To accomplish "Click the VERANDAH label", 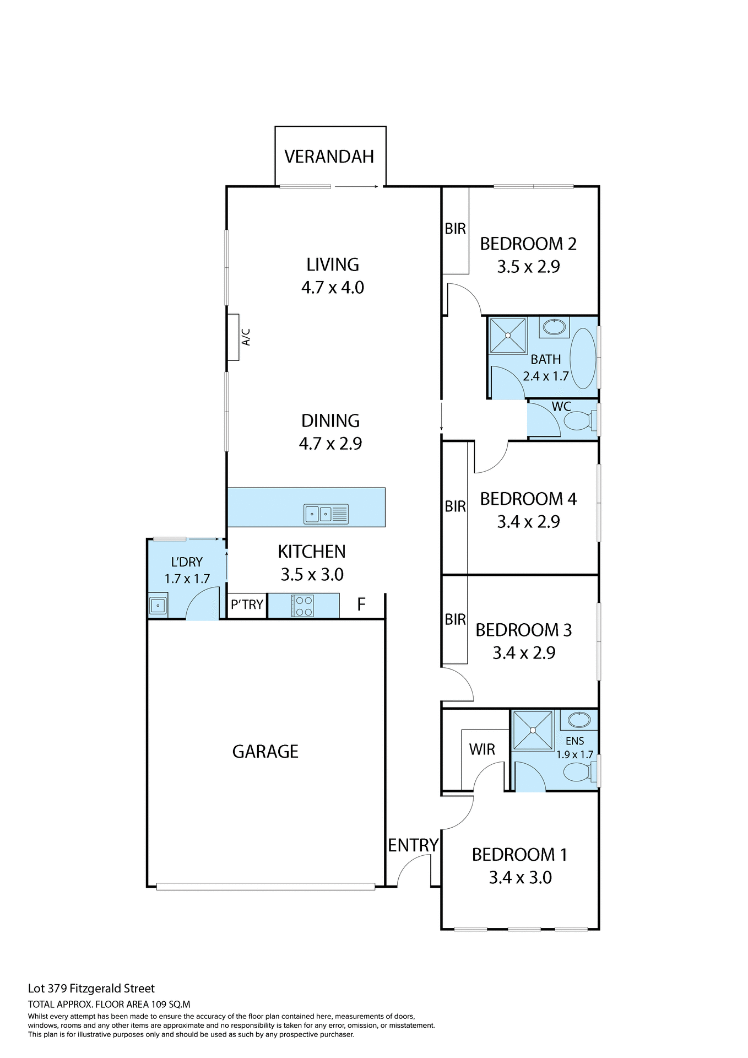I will click(329, 156).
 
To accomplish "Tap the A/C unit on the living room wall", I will click(234, 337).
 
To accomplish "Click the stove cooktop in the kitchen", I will click(303, 606).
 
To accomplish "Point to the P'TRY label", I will click(247, 605).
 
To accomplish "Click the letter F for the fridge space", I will click(361, 604).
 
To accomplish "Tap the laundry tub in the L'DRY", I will click(158, 606).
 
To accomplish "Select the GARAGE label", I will click(265, 752).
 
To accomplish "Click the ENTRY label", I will click(413, 845).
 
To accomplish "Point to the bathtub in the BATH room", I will click(582, 358).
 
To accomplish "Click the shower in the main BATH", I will click(508, 335).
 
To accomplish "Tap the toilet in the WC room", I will click(579, 422).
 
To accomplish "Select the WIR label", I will click(482, 749).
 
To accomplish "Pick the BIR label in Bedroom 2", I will click(456, 229).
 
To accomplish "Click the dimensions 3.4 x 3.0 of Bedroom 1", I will click(520, 877).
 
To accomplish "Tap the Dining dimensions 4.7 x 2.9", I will click(330, 444).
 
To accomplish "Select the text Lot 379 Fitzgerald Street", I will click(91, 989).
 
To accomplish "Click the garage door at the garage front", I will click(265, 887).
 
